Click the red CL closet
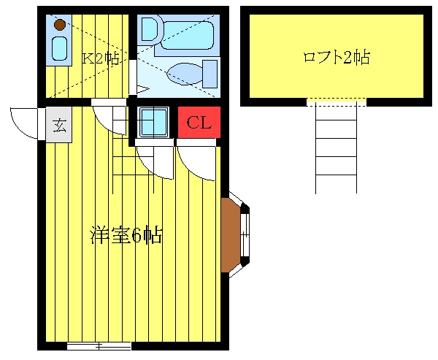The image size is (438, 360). coord(199,123)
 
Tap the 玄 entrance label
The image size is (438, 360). coord(59,125)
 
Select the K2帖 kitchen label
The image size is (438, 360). coord(101,58)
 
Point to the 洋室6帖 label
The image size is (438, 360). coord(126,235)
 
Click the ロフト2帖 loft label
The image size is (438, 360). coord(337,57)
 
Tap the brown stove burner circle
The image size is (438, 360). coord(60,25)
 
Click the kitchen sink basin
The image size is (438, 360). coord(60,49)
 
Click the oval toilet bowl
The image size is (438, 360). coord(185,74)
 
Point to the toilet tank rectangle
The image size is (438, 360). coord(210,74)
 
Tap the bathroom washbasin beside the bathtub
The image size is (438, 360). coord(150,29)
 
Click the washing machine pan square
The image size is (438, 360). coord(153,122)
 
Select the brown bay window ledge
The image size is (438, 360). coord(231,235)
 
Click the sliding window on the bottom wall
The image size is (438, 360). coord(99,346)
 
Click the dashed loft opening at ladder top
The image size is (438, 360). coord(337,102)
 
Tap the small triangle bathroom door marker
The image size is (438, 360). coord(143,90)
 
